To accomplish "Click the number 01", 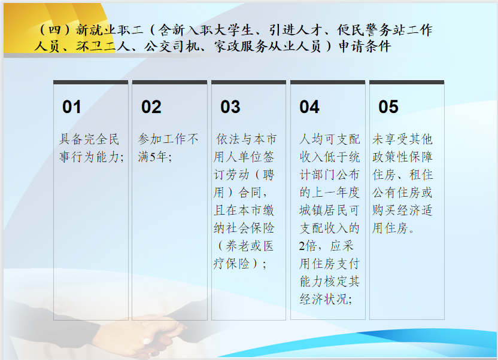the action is click(x=71, y=107).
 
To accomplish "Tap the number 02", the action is click(x=151, y=107).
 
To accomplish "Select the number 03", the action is click(x=230, y=107).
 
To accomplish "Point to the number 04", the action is click(x=309, y=107).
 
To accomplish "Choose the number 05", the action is click(x=388, y=107).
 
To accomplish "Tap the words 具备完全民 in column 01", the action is click(x=89, y=139).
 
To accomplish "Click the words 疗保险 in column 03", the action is click(x=231, y=264).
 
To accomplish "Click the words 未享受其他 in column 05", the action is click(x=402, y=139).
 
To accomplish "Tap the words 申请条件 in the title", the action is click(x=365, y=47).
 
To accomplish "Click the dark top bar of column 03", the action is click(x=248, y=82).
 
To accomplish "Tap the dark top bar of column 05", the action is click(x=407, y=82).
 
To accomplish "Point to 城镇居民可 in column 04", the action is click(x=329, y=210).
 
